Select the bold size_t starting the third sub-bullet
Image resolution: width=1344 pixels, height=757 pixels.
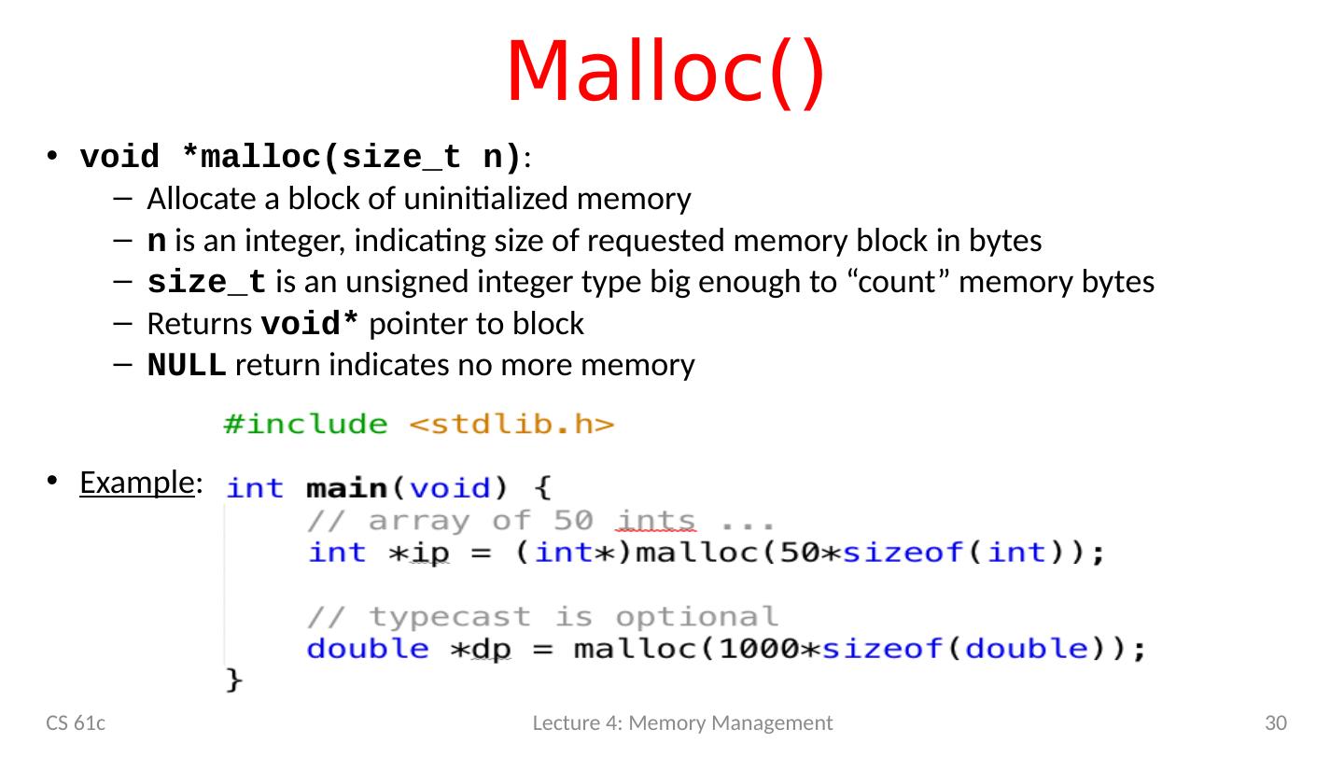click(x=206, y=283)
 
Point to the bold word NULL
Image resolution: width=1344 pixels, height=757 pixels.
click(x=187, y=367)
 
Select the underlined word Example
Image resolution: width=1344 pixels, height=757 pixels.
click(x=136, y=483)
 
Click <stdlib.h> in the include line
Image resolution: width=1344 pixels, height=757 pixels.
click(x=512, y=426)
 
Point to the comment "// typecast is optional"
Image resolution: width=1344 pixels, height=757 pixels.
click(x=542, y=617)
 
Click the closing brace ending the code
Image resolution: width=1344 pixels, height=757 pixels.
click(x=234, y=681)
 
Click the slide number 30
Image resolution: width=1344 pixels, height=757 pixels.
click(x=1276, y=722)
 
